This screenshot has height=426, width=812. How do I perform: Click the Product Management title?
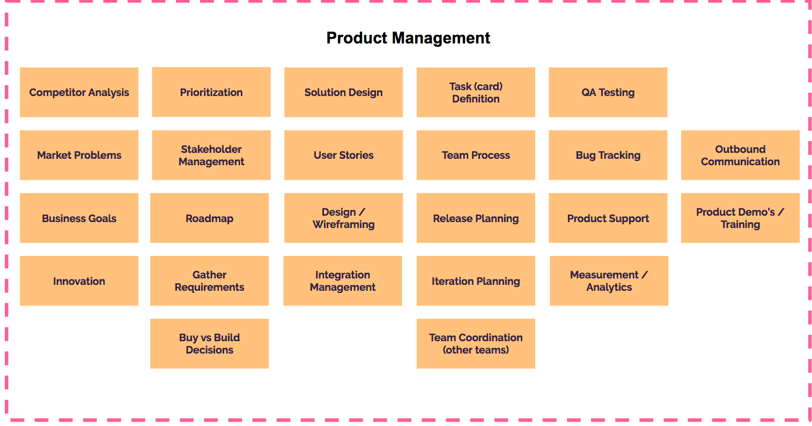408,38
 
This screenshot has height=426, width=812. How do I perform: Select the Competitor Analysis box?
79,92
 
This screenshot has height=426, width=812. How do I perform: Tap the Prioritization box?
211,92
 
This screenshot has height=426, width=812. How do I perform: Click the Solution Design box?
343,92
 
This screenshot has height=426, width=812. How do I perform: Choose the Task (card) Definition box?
476,92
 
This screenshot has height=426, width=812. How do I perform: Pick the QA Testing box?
608,92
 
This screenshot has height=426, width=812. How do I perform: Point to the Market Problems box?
79,155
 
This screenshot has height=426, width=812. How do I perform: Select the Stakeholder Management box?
211,155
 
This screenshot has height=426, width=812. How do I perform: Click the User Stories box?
343,155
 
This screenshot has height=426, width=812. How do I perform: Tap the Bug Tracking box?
608,155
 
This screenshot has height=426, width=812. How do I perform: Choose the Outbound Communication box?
740,155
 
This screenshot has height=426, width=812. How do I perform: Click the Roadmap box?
210,218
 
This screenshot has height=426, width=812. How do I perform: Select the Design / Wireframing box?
343,218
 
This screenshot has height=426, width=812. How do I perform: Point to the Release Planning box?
476,218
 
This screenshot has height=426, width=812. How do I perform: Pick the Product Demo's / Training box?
740,218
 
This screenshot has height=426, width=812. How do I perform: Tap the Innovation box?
79,281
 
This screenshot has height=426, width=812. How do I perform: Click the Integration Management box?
343,281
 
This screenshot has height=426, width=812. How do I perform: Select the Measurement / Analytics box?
609,281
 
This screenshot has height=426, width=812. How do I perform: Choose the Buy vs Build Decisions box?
210,344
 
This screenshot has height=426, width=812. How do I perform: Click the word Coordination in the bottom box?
491,337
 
